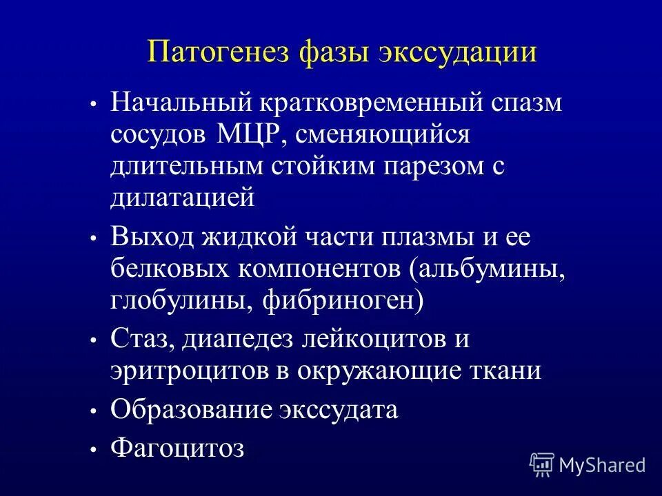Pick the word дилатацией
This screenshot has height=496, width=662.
pos(183,198)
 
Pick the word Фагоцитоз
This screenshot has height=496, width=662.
pos(177,448)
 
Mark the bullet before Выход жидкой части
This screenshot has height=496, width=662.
pos(93,238)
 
